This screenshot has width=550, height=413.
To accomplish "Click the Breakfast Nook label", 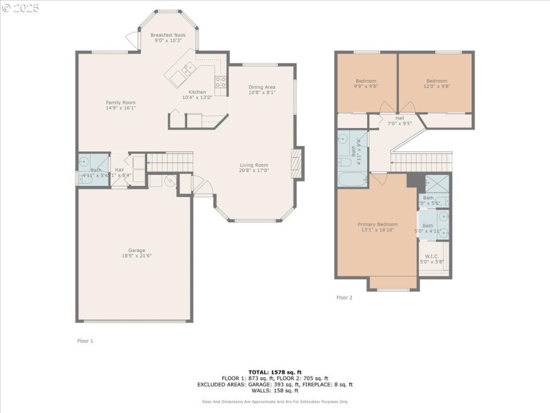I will [168, 34].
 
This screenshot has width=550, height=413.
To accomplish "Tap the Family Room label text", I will [120, 102].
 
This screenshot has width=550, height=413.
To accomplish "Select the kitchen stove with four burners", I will [221, 83].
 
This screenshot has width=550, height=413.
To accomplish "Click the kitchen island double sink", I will [186, 69].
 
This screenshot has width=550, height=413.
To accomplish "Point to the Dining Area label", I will [262, 87].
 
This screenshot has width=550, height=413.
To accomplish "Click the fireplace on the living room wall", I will [297, 164].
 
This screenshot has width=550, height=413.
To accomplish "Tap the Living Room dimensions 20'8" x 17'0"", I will [254, 170].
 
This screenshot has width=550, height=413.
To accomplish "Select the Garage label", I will [136, 250].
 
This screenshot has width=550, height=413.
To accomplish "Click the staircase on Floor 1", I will [170, 162].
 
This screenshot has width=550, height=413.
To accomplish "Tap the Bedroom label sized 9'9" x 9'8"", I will [365, 81].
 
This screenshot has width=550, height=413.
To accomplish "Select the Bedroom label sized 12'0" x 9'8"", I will [437, 81].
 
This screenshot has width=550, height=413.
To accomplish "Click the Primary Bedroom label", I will [377, 224].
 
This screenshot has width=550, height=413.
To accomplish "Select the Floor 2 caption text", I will [344, 297].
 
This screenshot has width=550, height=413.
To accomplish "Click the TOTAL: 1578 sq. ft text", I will [275, 372].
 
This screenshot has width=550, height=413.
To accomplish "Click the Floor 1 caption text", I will [85, 341].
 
